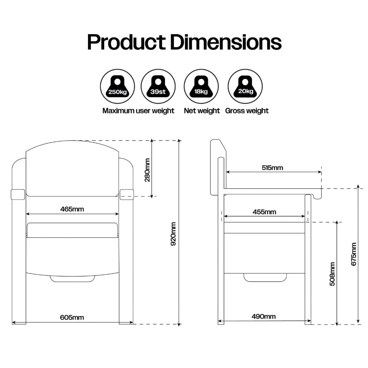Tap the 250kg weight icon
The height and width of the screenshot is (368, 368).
[x=117, y=86]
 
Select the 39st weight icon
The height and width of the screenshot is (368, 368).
[x=158, y=86]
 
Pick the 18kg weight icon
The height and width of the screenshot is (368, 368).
[x=201, y=86]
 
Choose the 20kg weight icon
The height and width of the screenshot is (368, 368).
[x=245, y=86]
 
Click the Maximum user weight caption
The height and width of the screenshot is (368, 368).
[x=138, y=110]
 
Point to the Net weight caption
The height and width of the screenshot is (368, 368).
[x=202, y=110]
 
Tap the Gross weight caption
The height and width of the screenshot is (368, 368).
[x=247, y=110]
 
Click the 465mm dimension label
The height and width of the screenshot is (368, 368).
[x=72, y=209]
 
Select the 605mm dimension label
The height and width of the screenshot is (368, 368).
[x=72, y=317]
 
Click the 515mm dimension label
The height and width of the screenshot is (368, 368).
[x=272, y=167]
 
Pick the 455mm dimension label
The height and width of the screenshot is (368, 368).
[x=264, y=212]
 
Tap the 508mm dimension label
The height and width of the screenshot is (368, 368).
[x=332, y=274]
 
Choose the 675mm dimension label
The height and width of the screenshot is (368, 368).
[x=354, y=254]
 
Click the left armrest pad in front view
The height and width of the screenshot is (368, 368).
[x=18, y=194]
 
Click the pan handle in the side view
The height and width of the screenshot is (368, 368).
[x=265, y=277]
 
